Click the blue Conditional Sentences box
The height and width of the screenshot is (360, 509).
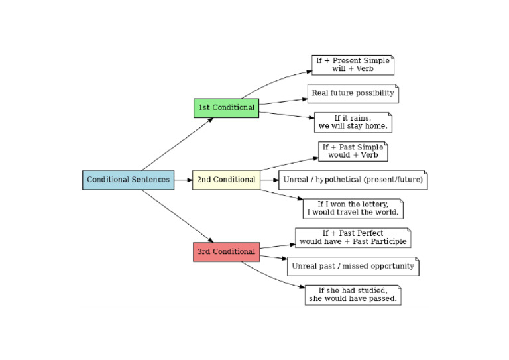click(x=128, y=180)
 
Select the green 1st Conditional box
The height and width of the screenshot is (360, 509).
click(x=226, y=107)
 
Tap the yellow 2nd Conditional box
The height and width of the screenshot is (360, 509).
click(x=225, y=180)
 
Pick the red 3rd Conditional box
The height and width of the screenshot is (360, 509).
click(x=226, y=252)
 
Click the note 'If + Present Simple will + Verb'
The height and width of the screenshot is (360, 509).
click(x=353, y=65)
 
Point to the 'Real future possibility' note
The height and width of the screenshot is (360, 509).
click(x=353, y=93)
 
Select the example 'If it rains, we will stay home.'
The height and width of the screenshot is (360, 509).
click(x=353, y=122)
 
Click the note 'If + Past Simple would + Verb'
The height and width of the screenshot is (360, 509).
click(x=353, y=151)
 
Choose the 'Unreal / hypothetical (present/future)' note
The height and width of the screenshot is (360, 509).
click(x=353, y=180)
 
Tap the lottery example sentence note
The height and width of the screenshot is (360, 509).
click(x=353, y=209)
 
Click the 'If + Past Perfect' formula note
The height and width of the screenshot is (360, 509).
click(x=353, y=237)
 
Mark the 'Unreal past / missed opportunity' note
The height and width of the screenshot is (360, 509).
click(x=353, y=267)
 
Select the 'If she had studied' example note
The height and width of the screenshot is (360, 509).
click(x=353, y=295)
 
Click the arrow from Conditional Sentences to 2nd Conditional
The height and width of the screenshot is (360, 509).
click(x=184, y=180)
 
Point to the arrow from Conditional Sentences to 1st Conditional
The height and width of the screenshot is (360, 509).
click(x=178, y=144)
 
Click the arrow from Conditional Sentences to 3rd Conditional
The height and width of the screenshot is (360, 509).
click(x=178, y=215)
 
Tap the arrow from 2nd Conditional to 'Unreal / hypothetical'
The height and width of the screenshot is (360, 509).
click(x=268, y=180)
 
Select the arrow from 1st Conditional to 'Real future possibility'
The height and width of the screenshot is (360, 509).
click(x=283, y=101)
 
